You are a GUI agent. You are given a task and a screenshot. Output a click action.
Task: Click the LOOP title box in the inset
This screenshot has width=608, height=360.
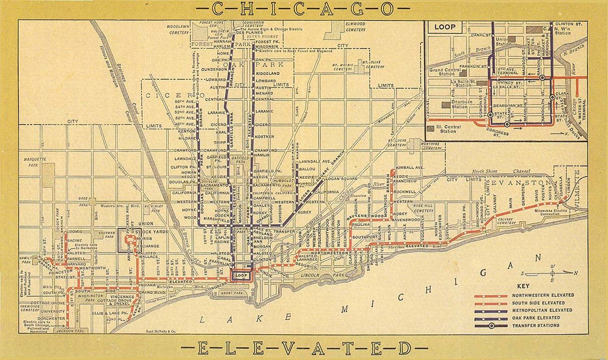[x=445, y=27]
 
